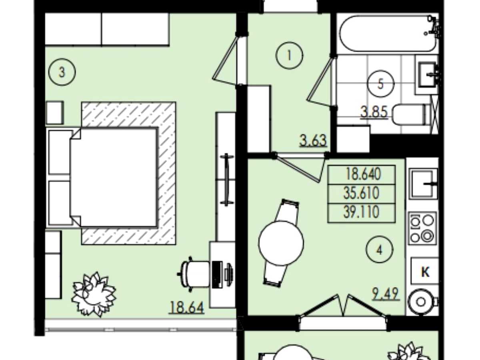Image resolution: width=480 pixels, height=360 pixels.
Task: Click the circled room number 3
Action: [62, 72]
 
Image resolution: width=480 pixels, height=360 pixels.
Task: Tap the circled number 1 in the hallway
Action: [289, 55]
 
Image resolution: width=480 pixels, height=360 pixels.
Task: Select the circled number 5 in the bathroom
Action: [381, 84]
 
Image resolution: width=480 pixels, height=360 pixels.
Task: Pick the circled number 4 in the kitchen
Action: [380, 250]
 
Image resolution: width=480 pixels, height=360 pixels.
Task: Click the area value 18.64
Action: [186, 307]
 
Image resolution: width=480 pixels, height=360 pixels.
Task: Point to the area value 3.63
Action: [313, 140]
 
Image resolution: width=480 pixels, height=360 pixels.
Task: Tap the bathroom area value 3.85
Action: [374, 112]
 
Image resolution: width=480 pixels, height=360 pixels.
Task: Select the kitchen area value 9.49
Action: [386, 294]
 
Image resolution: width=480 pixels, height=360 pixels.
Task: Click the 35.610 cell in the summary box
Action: [362, 194]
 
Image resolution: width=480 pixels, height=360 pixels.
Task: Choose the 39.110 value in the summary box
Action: [362, 212]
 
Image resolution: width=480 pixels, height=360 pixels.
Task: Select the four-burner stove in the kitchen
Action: [422, 228]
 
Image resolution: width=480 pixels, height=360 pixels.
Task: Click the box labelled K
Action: [425, 271]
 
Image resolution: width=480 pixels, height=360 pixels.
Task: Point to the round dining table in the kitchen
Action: [281, 243]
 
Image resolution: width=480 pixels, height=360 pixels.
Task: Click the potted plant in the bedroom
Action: [94, 294]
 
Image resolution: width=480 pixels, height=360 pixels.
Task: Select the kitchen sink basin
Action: [423, 184]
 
